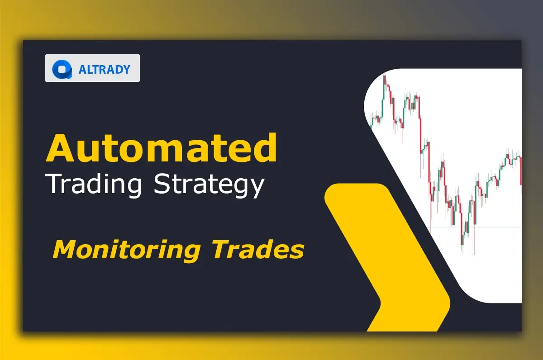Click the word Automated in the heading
161,148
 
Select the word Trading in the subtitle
95,184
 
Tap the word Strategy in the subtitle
209,185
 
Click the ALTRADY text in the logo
104,69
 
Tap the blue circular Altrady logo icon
62,69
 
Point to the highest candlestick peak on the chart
385,77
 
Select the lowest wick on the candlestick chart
474,251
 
